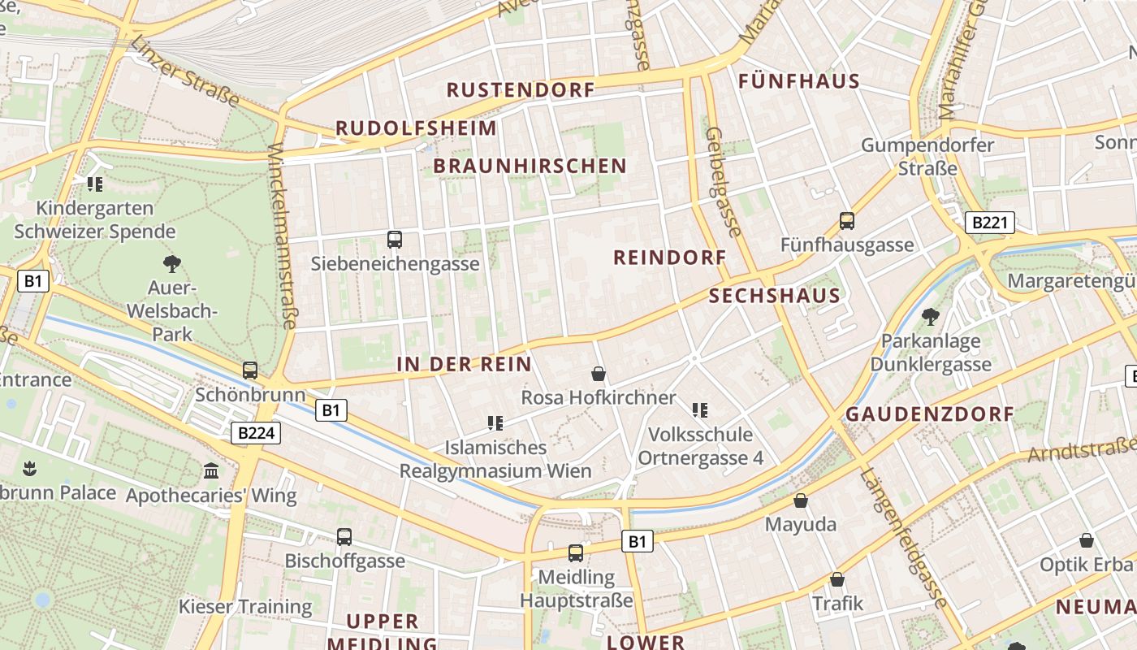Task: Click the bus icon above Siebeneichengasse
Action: pos(395,240)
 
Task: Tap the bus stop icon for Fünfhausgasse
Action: pos(847,220)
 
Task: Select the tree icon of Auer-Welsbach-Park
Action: pos(171,263)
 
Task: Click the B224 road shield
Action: pos(256,433)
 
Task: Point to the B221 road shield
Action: pos(990,223)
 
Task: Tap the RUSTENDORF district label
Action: pos(521,89)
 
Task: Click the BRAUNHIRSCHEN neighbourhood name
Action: pos(530,166)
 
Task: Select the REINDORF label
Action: pos(669,258)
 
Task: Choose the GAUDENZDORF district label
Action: pos(930,414)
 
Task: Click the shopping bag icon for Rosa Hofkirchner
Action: pos(599,374)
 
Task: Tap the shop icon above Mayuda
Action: pos(801,500)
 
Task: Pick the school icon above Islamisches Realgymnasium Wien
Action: pos(495,422)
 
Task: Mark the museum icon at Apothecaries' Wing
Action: pos(211,471)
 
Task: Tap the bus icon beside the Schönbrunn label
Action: pos(250,370)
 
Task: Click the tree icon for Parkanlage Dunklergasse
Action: pos(930,317)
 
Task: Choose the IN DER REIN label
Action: pos(464,364)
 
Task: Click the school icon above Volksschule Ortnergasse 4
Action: pos(700,410)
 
